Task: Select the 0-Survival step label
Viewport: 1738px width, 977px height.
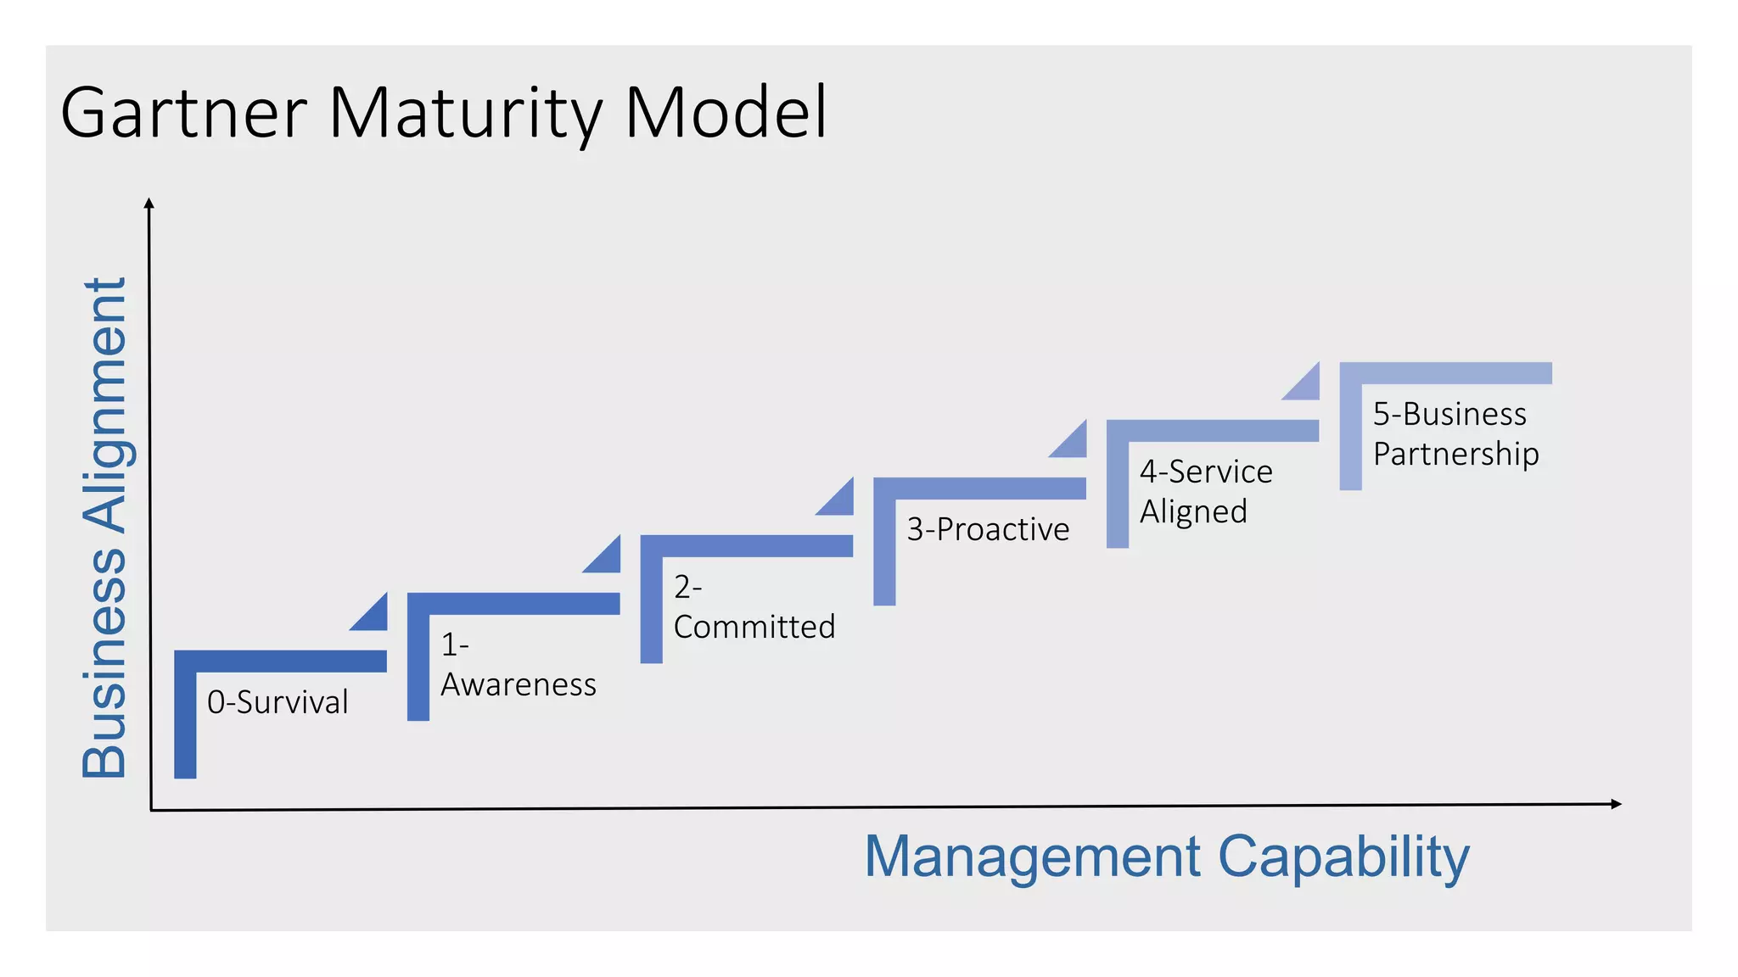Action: tap(278, 702)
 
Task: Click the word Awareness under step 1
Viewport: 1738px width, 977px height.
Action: tap(519, 684)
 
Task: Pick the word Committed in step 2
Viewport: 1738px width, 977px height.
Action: tap(754, 627)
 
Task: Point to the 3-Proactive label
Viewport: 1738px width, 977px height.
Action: tap(988, 529)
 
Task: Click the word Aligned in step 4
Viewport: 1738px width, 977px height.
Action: tap(1193, 512)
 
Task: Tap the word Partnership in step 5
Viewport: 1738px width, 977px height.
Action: tap(1455, 454)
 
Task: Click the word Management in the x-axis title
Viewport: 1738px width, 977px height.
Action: tap(1032, 857)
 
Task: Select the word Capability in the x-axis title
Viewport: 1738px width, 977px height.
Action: tap(1343, 857)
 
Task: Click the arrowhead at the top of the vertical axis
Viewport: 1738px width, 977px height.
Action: tap(149, 203)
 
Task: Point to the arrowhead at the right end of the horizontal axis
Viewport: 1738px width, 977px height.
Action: tap(1616, 804)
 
